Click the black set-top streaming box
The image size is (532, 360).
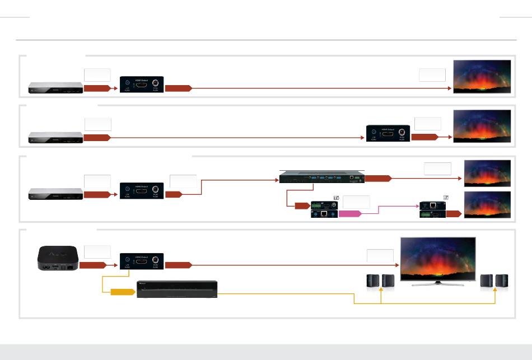pyautogui.click(x=57, y=259)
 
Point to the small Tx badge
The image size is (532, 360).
pyautogui.click(x=337, y=197)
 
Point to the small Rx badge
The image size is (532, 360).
pyautogui.click(x=446, y=197)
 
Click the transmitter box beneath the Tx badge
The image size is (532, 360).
pyautogui.click(x=324, y=209)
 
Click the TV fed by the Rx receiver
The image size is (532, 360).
pyautogui.click(x=487, y=204)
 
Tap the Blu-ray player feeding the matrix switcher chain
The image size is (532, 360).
pyautogui.click(x=56, y=194)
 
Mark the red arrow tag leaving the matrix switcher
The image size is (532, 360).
pyautogui.click(x=378, y=179)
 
